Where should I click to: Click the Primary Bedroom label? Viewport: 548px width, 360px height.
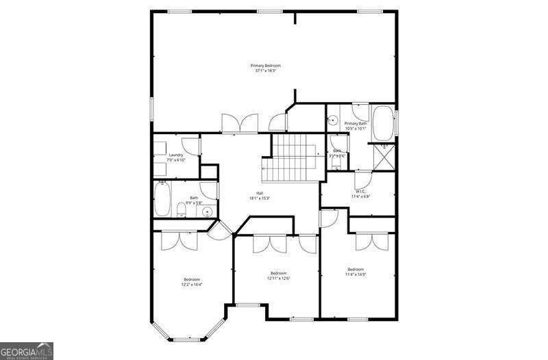(x=265, y=65)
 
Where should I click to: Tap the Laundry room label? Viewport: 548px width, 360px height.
(x=176, y=155)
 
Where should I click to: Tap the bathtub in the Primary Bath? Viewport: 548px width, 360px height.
(x=382, y=123)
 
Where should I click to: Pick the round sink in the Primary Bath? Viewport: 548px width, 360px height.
(x=333, y=121)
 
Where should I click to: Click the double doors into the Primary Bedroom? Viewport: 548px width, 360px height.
(x=238, y=124)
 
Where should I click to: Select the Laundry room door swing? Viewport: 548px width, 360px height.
(x=194, y=146)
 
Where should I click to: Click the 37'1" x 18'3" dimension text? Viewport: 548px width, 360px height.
(x=265, y=70)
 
